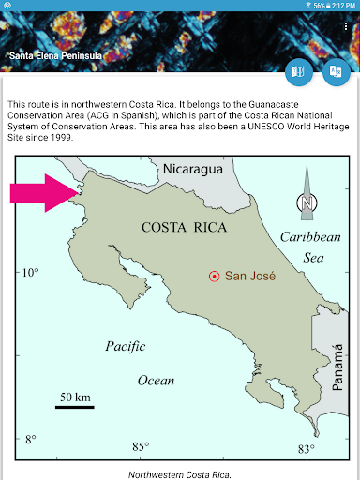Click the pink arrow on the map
point(43,192)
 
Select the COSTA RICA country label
point(180,228)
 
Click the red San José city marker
point(214,276)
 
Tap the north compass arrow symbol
point(307,194)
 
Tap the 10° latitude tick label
point(30,272)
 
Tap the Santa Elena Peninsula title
point(55,56)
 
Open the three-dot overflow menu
point(346,26)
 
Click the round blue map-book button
point(299,72)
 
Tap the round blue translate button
point(336,72)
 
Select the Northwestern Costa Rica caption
point(179,474)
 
